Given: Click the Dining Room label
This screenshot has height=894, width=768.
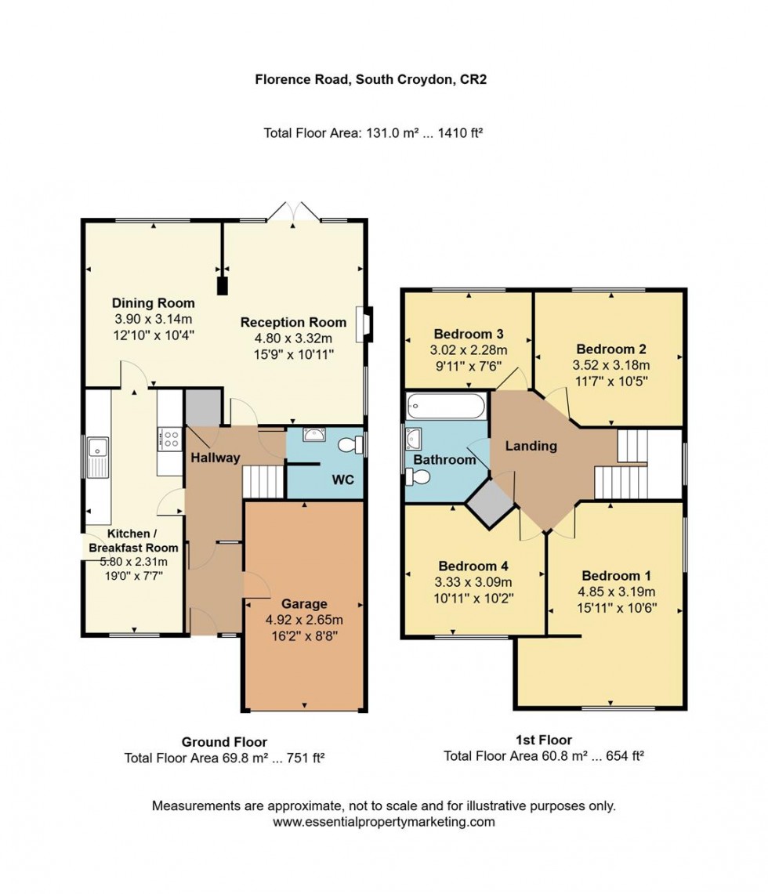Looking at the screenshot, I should tap(153, 303).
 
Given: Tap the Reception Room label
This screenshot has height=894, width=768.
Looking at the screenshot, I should tap(293, 322).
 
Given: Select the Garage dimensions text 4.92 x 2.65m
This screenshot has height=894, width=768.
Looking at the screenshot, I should tap(304, 620).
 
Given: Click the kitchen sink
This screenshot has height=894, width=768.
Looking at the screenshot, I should tap(99, 449).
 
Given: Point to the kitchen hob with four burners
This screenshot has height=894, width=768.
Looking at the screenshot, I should tap(168, 438).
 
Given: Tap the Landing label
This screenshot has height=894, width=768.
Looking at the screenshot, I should tap(531, 446).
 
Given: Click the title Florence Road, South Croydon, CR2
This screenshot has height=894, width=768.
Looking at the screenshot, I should tap(371, 79).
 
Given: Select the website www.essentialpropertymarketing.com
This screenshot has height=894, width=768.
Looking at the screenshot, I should tap(384, 822).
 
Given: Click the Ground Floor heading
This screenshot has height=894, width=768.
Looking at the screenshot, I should tap(224, 741).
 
